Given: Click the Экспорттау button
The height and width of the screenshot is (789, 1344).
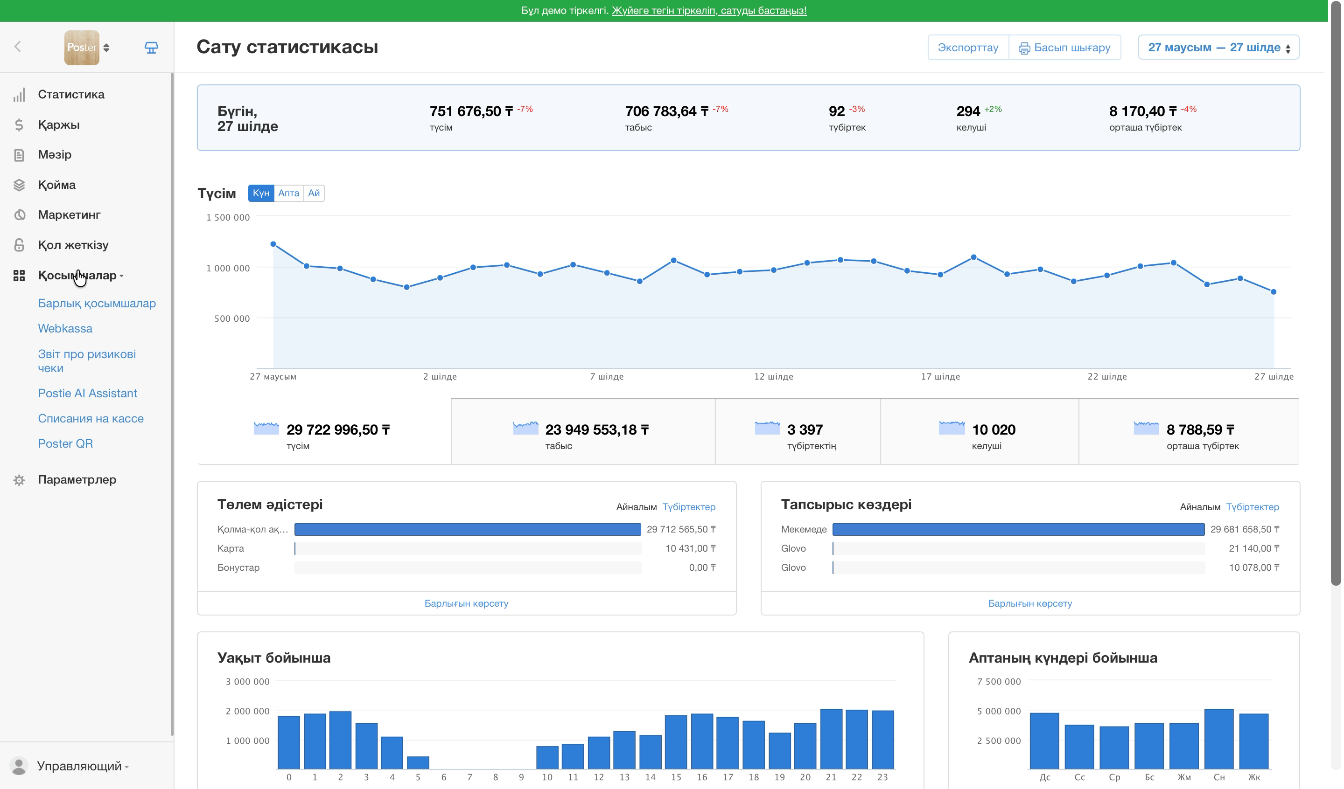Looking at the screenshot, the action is [967, 48].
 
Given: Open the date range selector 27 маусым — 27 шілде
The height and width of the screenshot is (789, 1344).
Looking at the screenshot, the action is [1218, 48].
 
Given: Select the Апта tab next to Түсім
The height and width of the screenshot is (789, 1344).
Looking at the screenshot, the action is [288, 193].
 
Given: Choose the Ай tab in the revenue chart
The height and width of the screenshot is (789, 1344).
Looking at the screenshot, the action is [314, 193].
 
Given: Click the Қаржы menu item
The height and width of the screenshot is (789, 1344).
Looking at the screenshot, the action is [59, 124].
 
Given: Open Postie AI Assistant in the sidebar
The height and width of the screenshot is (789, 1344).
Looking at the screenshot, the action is [87, 393].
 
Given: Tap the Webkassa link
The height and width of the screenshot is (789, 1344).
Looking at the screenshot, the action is [65, 328].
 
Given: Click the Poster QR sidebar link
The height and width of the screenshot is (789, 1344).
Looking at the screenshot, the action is [65, 443].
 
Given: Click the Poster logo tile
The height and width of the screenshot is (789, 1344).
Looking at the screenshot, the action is [82, 48].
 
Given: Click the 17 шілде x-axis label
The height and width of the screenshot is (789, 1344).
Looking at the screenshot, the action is [940, 376].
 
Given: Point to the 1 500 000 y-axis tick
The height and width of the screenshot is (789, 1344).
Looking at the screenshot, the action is [228, 217].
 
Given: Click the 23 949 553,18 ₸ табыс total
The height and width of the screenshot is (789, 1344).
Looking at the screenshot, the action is [596, 429].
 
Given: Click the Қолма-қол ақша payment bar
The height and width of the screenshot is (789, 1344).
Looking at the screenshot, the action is [468, 529].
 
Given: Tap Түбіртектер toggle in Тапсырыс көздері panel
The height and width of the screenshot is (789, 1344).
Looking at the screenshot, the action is [1252, 507].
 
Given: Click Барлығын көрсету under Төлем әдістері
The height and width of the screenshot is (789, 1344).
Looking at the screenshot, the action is [466, 603].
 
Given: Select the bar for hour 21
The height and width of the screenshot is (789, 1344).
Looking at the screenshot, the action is [831, 739].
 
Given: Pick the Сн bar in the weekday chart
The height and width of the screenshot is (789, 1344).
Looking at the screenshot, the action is [1218, 739].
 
